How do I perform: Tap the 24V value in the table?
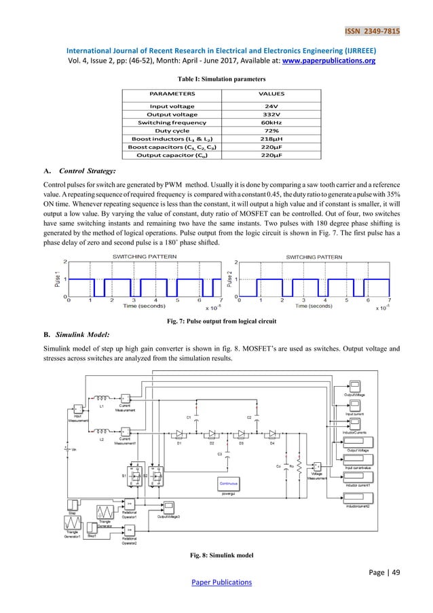pyautogui.click(x=269, y=106)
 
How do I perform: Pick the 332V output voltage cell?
pyautogui.click(x=269, y=114)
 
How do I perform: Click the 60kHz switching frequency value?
pyautogui.click(x=269, y=122)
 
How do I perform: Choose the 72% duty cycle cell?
pyautogui.click(x=269, y=130)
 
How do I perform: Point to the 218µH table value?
pyautogui.click(x=269, y=139)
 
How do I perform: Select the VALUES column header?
pyautogui.click(x=269, y=94)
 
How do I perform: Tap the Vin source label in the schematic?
pyautogui.click(x=73, y=450)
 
